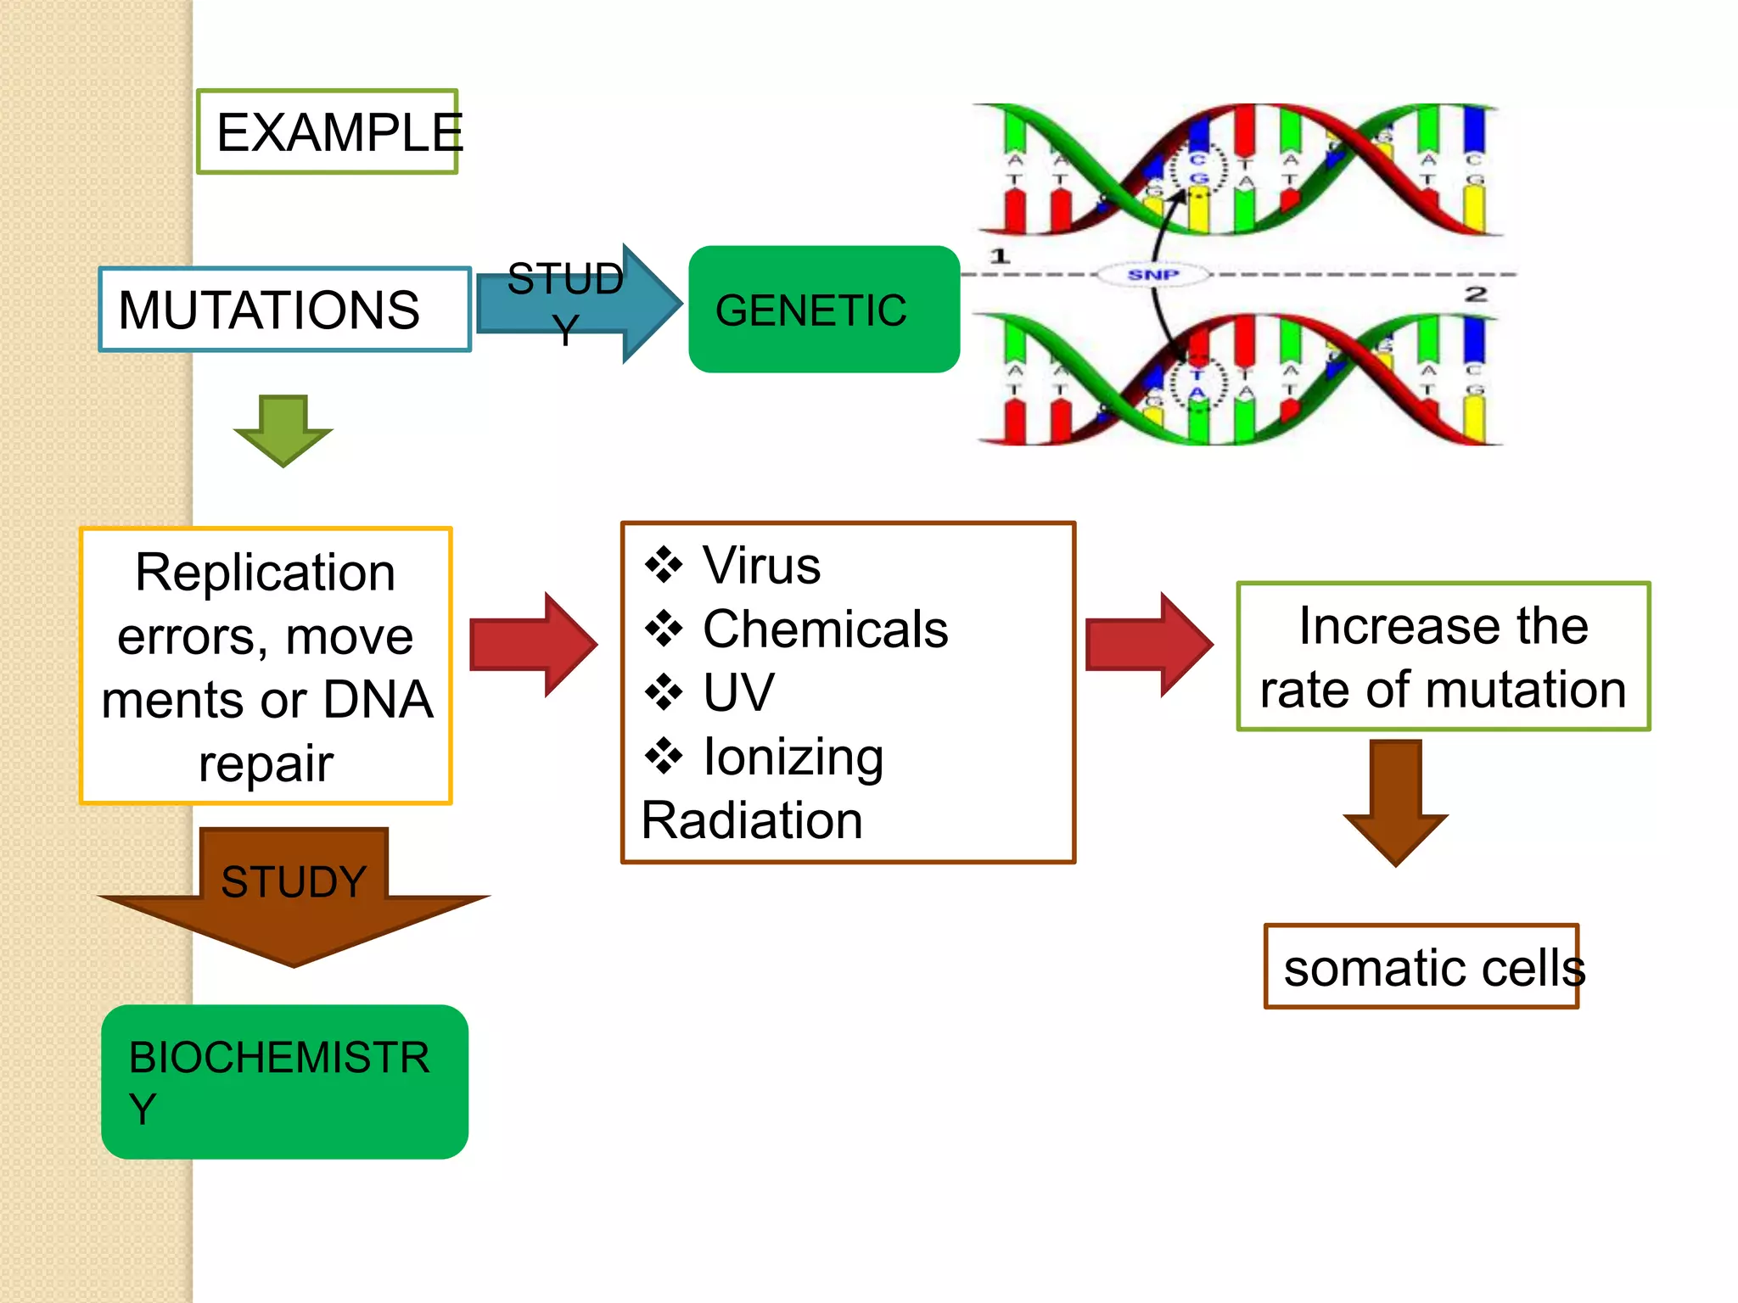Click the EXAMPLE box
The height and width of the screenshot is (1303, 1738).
(x=328, y=132)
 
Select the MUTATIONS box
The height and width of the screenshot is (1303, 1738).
(x=284, y=310)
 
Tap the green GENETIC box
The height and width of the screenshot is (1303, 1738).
(x=823, y=310)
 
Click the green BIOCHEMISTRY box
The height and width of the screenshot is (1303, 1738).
(x=284, y=1082)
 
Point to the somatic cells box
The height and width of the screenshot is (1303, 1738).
(x=1421, y=967)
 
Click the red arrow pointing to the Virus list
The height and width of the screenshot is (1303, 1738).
(x=532, y=645)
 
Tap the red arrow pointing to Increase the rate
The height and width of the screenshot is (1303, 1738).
(x=1148, y=645)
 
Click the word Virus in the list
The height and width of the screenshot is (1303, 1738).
(x=761, y=566)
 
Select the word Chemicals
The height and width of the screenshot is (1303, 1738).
(x=825, y=629)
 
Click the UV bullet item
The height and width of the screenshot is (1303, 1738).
(x=738, y=692)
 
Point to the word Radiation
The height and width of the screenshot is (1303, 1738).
(x=752, y=820)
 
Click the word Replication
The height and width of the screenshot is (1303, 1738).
(x=266, y=573)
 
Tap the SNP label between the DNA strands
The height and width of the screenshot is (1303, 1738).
(x=1152, y=275)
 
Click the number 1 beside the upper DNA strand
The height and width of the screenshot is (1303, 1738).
(x=1000, y=255)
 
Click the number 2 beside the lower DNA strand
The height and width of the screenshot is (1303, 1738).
(x=1476, y=294)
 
